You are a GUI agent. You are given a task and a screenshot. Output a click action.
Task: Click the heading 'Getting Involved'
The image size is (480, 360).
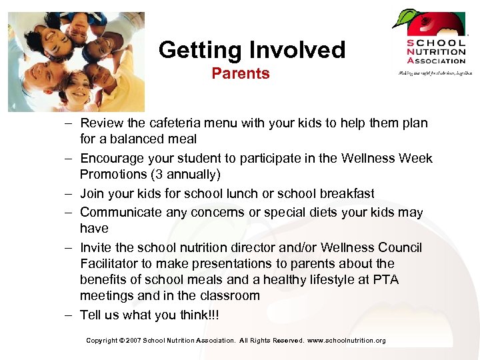point(252,50)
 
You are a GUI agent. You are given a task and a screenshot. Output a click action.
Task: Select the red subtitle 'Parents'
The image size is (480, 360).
point(241,74)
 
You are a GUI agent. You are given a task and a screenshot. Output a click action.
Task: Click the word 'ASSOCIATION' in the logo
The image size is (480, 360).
point(436,61)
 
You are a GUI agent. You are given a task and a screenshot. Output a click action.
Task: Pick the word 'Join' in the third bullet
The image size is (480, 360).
point(91,193)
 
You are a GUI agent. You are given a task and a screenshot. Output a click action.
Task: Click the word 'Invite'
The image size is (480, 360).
point(97,247)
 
